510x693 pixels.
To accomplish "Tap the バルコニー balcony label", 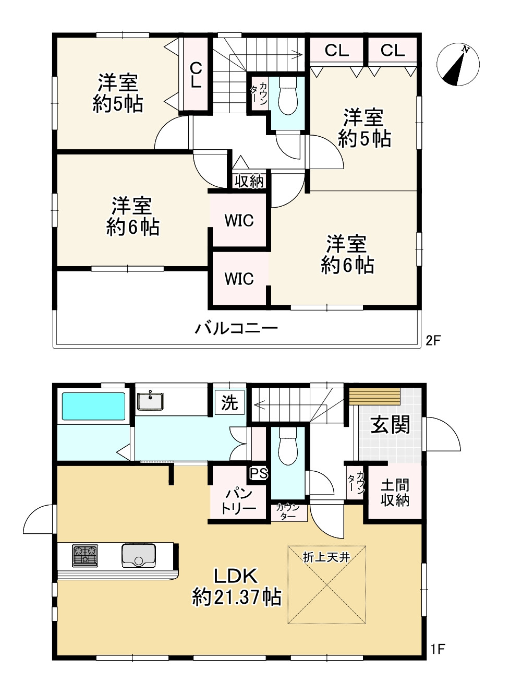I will point(236,329).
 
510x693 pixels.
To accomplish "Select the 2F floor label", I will point(433,341).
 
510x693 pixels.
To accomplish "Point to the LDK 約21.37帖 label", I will point(237,587).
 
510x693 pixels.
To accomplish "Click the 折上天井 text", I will point(326,557).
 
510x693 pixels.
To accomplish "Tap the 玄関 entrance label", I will point(390,425).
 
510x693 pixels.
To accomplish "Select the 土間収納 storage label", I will point(395,493).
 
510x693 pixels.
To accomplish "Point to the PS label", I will point(259,474).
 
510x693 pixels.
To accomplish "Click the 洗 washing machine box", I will point(229,403).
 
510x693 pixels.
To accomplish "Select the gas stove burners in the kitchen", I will point(85,555).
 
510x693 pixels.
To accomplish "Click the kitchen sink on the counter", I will point(139,555).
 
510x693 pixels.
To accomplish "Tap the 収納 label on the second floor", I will point(249,181).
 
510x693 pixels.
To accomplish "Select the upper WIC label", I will point(239,221).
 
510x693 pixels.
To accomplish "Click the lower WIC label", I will point(239,279).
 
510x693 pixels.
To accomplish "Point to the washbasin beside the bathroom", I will point(150,401).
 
